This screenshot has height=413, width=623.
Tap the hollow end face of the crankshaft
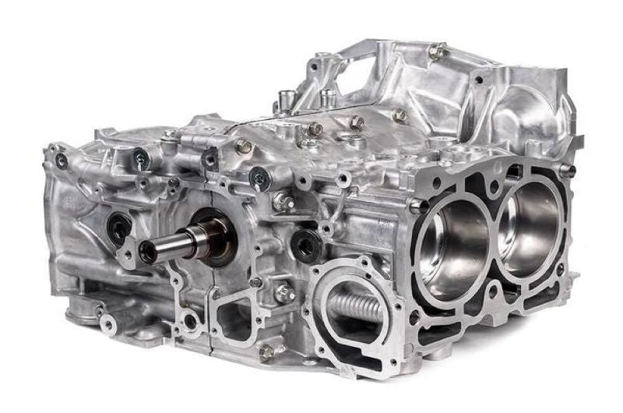pyautogui.click(x=146, y=250)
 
